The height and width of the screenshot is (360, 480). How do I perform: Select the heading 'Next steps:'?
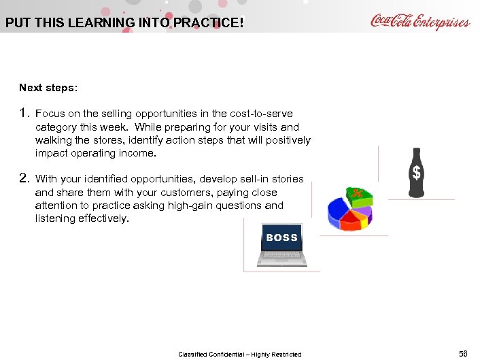(48, 88)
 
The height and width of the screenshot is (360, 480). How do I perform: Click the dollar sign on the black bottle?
(417, 174)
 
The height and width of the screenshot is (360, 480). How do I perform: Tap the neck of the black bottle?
(417, 152)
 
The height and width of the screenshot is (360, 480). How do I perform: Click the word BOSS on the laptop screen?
(282, 238)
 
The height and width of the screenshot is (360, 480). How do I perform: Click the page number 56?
(463, 353)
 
